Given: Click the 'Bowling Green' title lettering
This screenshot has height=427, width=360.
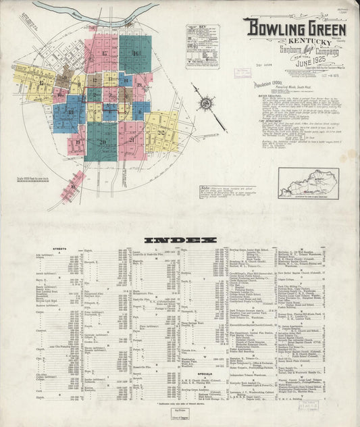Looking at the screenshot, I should [x=295, y=29].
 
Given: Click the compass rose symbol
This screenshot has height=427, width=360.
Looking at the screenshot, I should [x=205, y=105].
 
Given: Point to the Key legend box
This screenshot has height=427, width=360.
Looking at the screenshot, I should [x=202, y=45].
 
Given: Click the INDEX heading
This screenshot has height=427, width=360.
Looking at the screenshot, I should [x=180, y=239].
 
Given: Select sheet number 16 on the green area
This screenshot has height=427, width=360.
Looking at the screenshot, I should [x=136, y=53].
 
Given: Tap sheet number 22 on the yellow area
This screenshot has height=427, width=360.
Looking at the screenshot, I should [x=161, y=132].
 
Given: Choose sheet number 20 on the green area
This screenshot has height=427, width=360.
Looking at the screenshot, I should [x=102, y=142].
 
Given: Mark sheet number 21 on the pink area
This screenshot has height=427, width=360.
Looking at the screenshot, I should [x=131, y=140].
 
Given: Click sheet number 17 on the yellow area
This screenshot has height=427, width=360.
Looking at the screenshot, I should [x=42, y=82].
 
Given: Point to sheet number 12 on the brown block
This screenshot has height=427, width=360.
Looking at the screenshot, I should [x=62, y=81].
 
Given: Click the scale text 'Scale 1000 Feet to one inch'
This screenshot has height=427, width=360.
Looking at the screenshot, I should [x=29, y=179].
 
